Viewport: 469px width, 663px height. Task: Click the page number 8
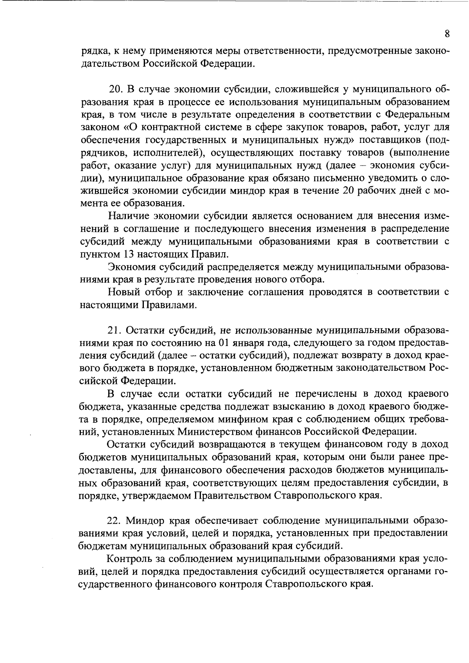(x=447, y=34)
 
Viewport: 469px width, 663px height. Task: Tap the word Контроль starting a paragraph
(x=131, y=559)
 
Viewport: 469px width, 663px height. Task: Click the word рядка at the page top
(x=94, y=51)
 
